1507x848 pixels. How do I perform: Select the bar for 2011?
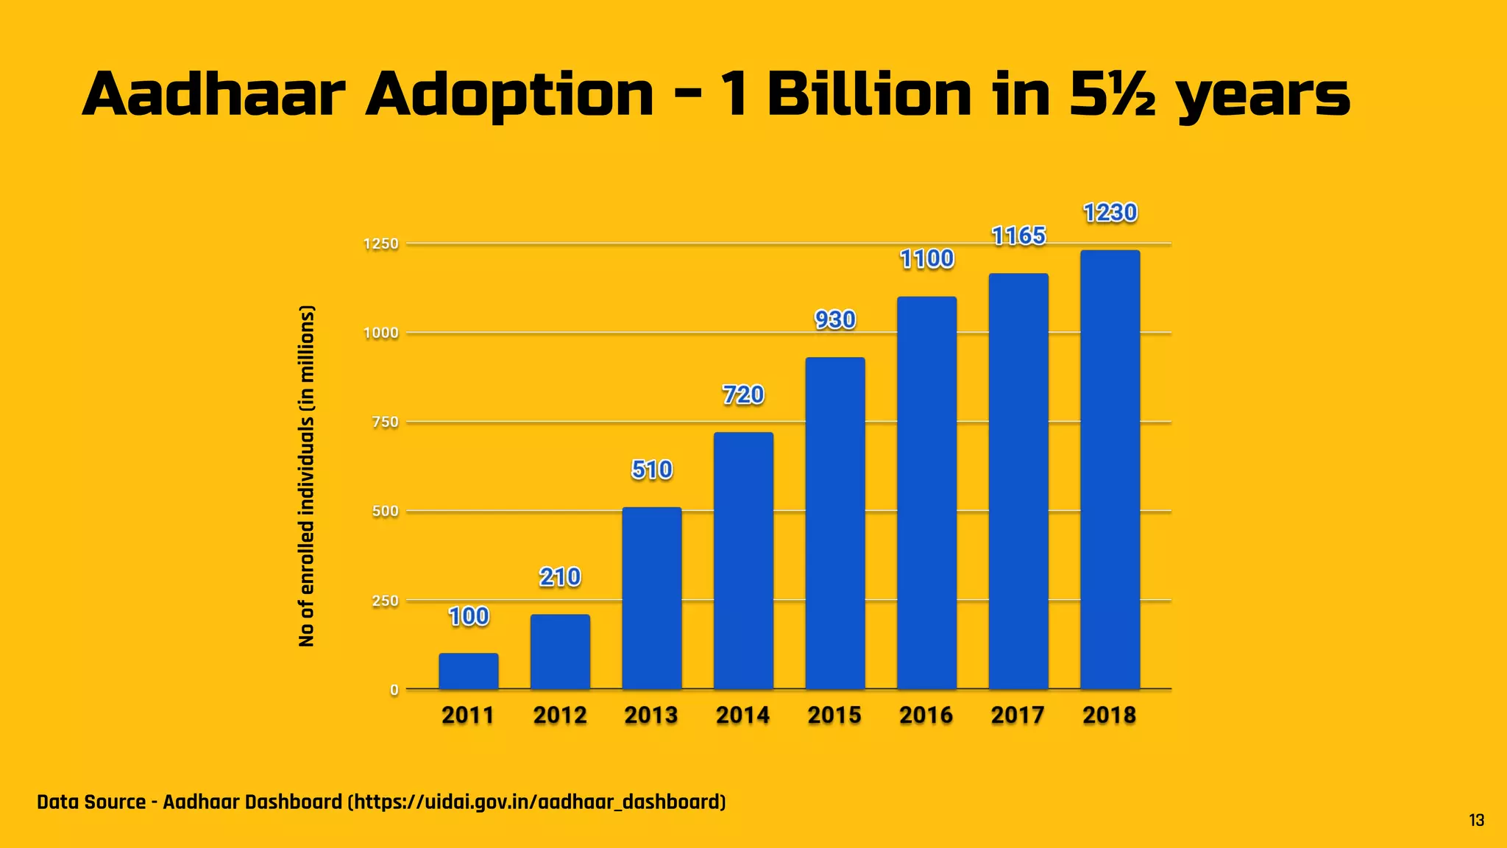click(x=468, y=671)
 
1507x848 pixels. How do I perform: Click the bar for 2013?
click(x=651, y=598)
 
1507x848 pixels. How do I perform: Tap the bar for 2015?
click(x=834, y=523)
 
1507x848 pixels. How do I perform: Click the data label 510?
click(x=652, y=470)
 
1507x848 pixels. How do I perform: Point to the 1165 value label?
click(x=1018, y=236)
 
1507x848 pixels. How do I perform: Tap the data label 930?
click(x=835, y=319)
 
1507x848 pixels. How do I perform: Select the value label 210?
click(x=560, y=576)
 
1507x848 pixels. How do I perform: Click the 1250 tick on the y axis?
click(x=381, y=244)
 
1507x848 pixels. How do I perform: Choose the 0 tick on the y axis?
click(x=394, y=690)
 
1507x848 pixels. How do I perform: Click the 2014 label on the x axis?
click(x=742, y=715)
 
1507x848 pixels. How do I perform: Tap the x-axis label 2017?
click(x=1018, y=715)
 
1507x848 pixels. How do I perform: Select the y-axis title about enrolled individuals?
click(x=307, y=476)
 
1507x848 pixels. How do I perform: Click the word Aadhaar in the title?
click(x=213, y=96)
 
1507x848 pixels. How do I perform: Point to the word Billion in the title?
click(x=869, y=96)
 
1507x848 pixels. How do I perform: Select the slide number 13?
click(x=1476, y=821)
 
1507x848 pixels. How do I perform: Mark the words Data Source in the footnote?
click(x=91, y=802)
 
